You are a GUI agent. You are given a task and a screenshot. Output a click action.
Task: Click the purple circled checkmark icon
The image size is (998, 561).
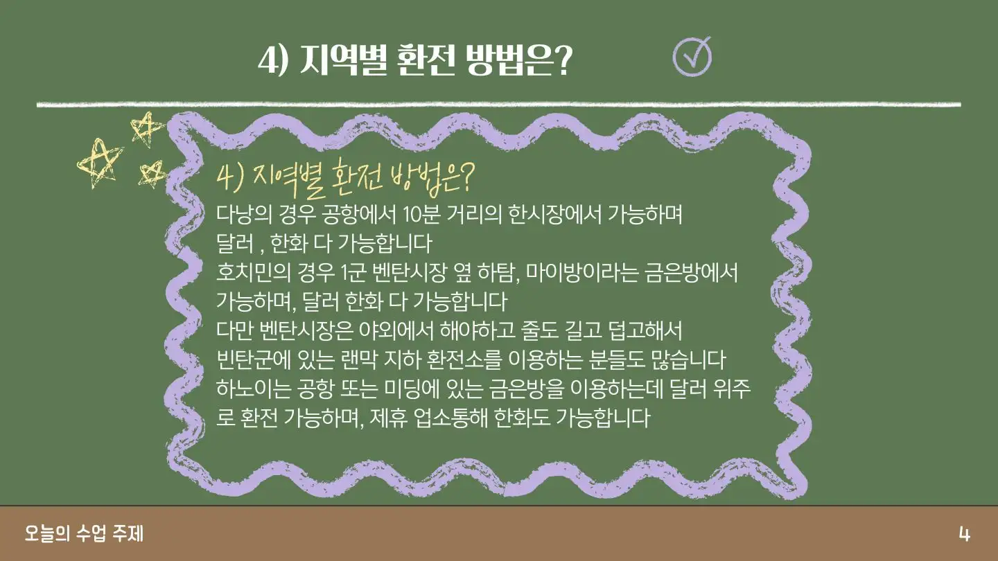[692, 57]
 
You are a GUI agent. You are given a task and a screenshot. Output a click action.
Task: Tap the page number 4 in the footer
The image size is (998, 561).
[964, 534]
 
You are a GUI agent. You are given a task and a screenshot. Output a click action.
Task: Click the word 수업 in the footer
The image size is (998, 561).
[91, 533]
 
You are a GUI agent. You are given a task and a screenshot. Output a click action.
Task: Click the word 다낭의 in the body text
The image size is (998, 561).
[244, 215]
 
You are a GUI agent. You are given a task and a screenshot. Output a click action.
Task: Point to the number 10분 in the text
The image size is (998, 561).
[421, 215]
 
